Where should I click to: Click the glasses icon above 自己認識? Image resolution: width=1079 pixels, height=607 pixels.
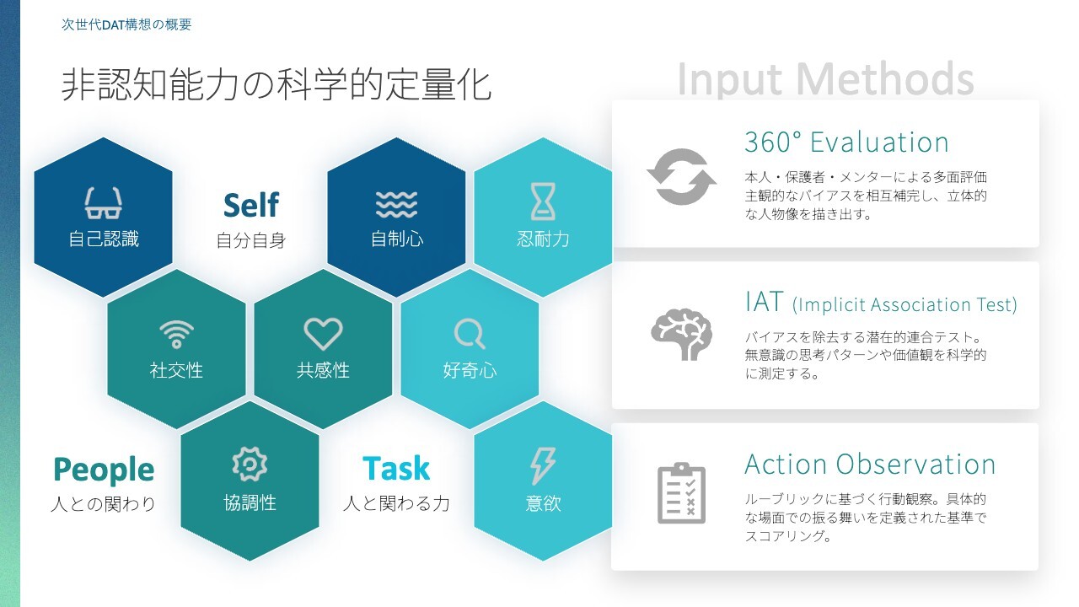103,203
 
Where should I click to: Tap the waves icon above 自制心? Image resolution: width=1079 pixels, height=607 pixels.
396,204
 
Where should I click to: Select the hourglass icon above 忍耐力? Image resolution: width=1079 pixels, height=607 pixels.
543,201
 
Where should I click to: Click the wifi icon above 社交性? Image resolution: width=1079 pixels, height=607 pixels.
176,334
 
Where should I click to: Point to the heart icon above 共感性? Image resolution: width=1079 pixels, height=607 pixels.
323,333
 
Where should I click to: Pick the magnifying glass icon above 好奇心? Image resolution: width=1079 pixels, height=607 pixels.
470,334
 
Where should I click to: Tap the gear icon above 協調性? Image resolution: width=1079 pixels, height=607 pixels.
250,464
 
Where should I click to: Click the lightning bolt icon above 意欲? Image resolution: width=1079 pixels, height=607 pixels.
543,465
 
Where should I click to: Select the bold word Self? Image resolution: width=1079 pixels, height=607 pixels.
251,205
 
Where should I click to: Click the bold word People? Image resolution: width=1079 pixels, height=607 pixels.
104,470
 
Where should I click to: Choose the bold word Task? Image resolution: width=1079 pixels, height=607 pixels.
396,468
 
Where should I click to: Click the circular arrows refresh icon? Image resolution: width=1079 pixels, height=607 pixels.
681,177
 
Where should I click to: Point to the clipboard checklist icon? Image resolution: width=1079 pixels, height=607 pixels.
681,493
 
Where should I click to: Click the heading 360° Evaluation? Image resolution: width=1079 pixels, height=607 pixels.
846,142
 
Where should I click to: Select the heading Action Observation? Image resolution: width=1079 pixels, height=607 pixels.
870,465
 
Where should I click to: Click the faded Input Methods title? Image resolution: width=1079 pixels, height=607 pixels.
825,79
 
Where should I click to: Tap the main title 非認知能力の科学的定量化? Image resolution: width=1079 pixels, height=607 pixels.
276,85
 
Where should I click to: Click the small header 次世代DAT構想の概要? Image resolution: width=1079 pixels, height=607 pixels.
126,24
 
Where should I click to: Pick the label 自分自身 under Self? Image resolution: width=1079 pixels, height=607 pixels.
251,240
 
